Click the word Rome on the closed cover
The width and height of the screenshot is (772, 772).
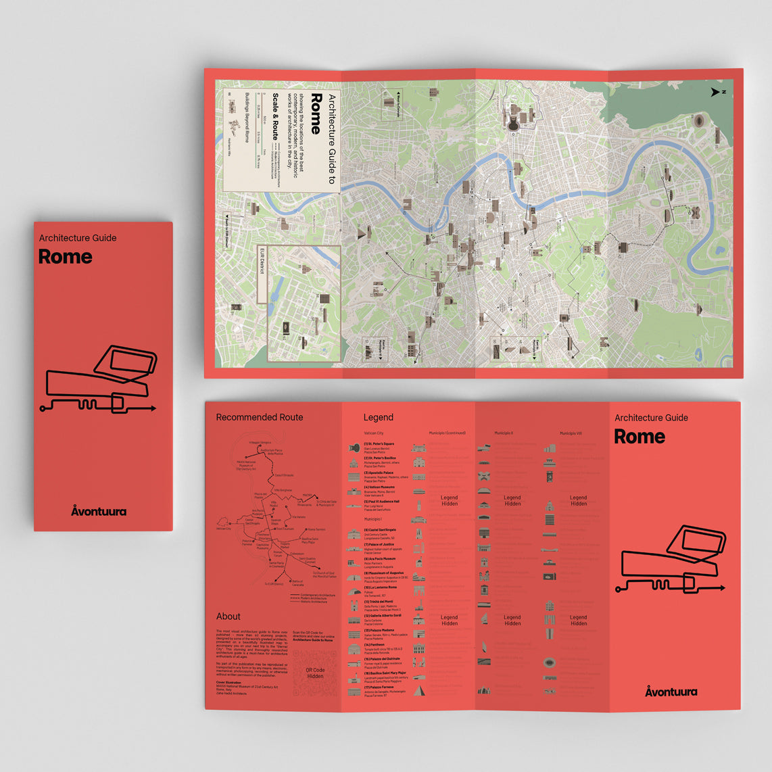[x=65, y=257]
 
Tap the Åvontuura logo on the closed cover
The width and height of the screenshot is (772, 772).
[x=99, y=511]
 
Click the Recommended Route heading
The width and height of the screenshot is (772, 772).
[x=259, y=417]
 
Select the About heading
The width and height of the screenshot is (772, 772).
[x=228, y=617]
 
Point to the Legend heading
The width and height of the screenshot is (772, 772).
[x=378, y=417]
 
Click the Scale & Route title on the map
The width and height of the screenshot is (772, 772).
[x=276, y=116]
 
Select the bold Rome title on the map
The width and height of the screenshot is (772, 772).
[x=316, y=114]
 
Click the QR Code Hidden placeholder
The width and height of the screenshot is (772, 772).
[x=315, y=673]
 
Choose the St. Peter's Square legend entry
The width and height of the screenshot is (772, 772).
[x=379, y=444]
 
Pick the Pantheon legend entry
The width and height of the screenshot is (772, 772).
[x=375, y=645]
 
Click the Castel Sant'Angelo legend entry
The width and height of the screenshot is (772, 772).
[x=380, y=530]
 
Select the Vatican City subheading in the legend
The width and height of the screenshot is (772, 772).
[x=374, y=433]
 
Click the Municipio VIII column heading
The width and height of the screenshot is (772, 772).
[x=571, y=433]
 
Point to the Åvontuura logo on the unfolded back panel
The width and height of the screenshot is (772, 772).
[x=671, y=692]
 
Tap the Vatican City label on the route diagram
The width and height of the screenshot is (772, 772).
[x=224, y=529]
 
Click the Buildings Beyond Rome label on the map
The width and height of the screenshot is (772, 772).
[x=247, y=116]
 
